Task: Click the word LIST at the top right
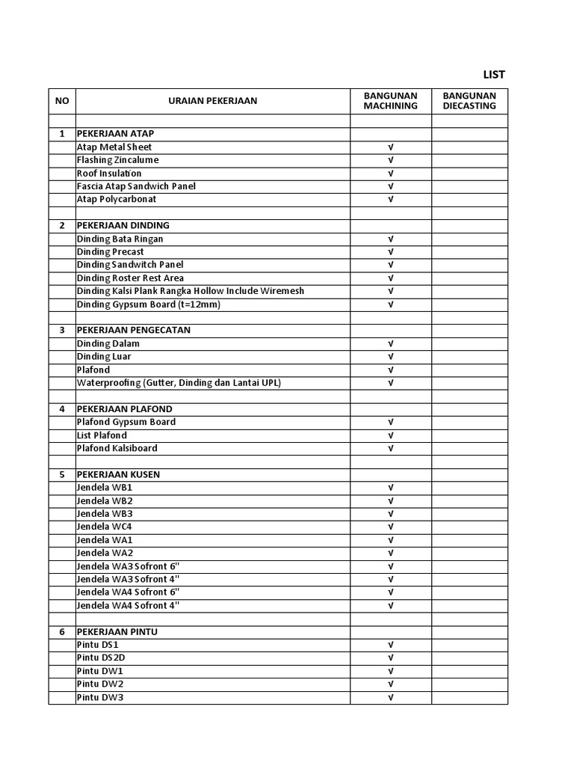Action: [x=494, y=75]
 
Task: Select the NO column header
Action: [x=62, y=101]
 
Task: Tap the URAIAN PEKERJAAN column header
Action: [x=212, y=101]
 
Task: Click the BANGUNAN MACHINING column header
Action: [x=390, y=101]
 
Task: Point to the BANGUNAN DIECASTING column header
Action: [x=469, y=101]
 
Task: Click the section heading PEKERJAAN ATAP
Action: [x=115, y=134]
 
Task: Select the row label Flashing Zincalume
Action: [x=117, y=160]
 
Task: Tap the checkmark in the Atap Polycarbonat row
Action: [x=390, y=200]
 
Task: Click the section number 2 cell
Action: [x=62, y=225]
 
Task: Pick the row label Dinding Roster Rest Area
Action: [x=130, y=278]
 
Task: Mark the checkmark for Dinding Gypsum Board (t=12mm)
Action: [x=390, y=304]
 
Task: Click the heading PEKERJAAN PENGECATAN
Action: [x=133, y=330]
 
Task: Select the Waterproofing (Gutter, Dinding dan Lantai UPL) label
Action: [x=179, y=383]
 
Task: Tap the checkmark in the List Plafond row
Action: [x=390, y=435]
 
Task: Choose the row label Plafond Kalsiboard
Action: [x=117, y=449]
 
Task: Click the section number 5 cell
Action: [x=62, y=474]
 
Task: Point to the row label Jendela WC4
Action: [x=105, y=527]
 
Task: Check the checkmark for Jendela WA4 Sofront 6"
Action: [x=390, y=592]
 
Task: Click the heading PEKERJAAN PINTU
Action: [x=117, y=632]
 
